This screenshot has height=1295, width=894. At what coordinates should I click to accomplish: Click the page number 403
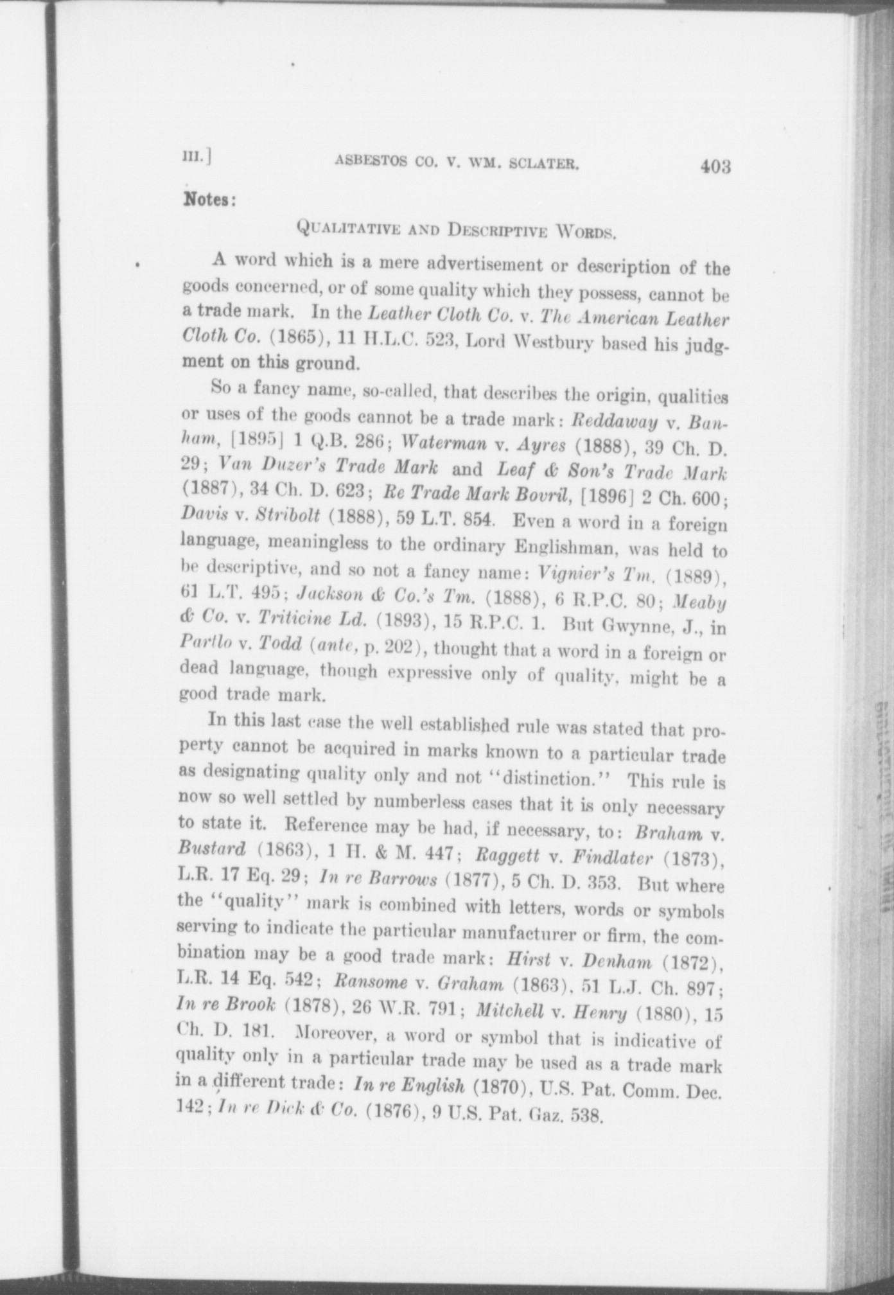716,167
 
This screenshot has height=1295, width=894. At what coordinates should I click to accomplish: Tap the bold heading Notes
210,199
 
